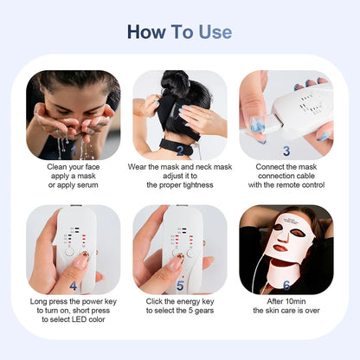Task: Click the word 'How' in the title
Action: click(145, 32)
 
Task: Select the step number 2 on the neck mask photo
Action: click(179, 149)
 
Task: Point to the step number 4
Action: click(73, 284)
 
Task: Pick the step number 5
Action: click(179, 284)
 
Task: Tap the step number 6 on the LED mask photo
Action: click(286, 284)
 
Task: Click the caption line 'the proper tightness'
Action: click(179, 185)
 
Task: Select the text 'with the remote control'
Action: click(286, 185)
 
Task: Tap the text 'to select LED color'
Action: click(73, 319)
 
